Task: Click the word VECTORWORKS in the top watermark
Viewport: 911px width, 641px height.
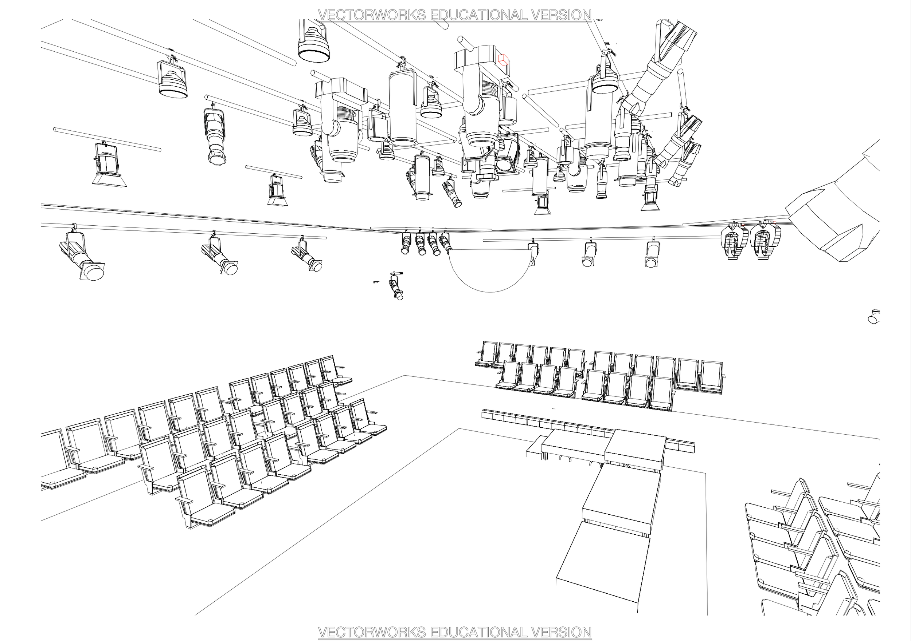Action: point(372,15)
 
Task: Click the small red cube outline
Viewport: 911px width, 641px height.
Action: point(503,59)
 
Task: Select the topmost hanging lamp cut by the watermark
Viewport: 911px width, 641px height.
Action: point(313,44)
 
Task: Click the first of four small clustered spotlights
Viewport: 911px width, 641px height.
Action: point(406,243)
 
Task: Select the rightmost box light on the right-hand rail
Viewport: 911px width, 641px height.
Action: point(651,254)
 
